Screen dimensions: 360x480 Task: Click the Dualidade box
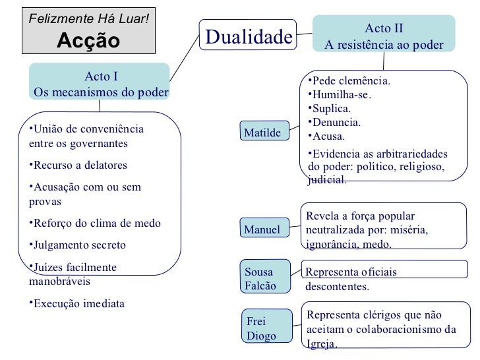[x=248, y=37]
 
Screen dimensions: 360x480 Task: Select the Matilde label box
[x=262, y=133]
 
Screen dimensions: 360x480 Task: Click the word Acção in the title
[x=88, y=40]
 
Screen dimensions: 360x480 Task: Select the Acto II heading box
[x=384, y=37]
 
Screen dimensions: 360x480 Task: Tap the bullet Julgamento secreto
[x=80, y=245]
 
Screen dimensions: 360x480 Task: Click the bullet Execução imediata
[x=79, y=304]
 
